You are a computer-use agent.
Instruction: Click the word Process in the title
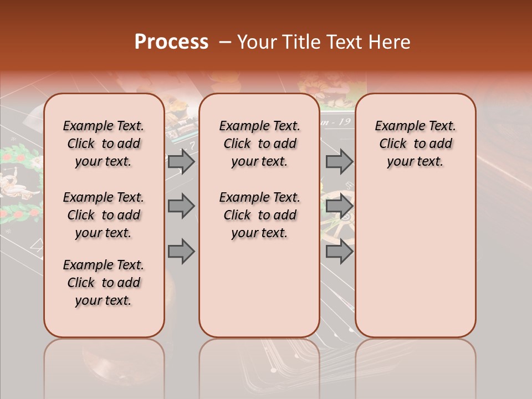tap(171, 42)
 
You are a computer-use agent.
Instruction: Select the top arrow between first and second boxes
tap(181, 161)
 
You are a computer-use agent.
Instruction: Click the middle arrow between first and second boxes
tap(181, 206)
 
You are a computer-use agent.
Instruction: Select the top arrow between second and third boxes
tap(339, 161)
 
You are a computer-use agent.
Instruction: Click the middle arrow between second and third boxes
tap(339, 206)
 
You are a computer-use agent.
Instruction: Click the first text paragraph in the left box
tap(104, 144)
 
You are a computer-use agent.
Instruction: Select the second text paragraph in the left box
tap(104, 215)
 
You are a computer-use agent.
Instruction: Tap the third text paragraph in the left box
tap(104, 283)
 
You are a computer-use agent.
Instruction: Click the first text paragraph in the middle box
tap(259, 144)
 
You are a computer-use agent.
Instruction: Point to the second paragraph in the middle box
tap(259, 215)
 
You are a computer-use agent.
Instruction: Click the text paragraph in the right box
tap(415, 144)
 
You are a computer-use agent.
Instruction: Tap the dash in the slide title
tap(225, 42)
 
